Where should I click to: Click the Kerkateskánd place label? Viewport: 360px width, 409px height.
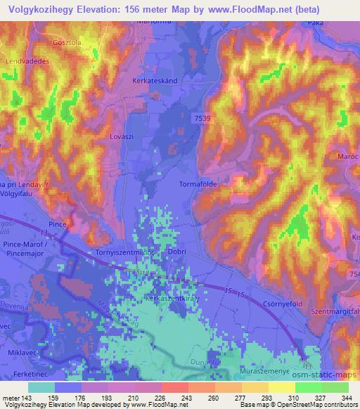coord(153,81)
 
